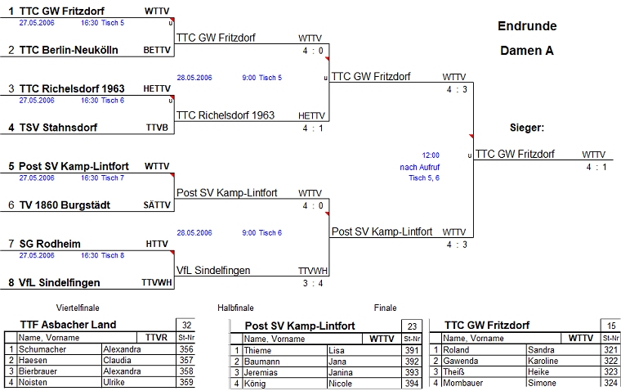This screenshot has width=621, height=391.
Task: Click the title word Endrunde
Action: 527,26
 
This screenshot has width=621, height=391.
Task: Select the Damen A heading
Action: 527,51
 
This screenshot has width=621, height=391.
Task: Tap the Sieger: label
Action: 527,128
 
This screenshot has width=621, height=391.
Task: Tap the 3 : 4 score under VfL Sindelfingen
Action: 314,283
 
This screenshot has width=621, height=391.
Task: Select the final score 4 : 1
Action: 596,167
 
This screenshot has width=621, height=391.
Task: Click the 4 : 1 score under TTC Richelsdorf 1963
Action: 314,128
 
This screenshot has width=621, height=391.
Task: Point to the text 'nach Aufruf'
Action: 420,167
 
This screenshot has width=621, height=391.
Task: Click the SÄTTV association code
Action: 157,205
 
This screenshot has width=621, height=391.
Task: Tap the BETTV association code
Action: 157,50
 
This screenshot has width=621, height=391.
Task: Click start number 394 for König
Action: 413,383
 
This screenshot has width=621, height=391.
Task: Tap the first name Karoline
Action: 542,361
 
